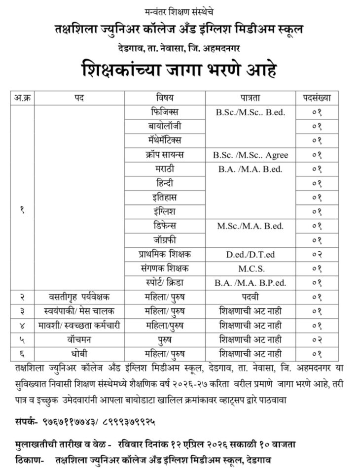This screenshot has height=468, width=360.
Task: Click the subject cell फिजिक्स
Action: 166,112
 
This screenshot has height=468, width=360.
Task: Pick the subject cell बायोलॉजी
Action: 166,126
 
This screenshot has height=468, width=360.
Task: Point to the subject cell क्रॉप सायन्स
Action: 166,155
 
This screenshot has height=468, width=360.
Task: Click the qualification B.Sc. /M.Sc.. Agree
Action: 250,155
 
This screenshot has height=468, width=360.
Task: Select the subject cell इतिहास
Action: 166,197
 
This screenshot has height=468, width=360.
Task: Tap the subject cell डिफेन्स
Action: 166,226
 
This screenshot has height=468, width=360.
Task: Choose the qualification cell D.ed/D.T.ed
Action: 250,255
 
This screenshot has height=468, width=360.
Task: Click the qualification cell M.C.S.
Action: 250,269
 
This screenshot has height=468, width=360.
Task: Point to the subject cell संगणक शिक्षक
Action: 166,269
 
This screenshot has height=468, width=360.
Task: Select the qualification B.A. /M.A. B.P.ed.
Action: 250,283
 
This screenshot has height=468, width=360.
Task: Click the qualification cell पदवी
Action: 250,297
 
